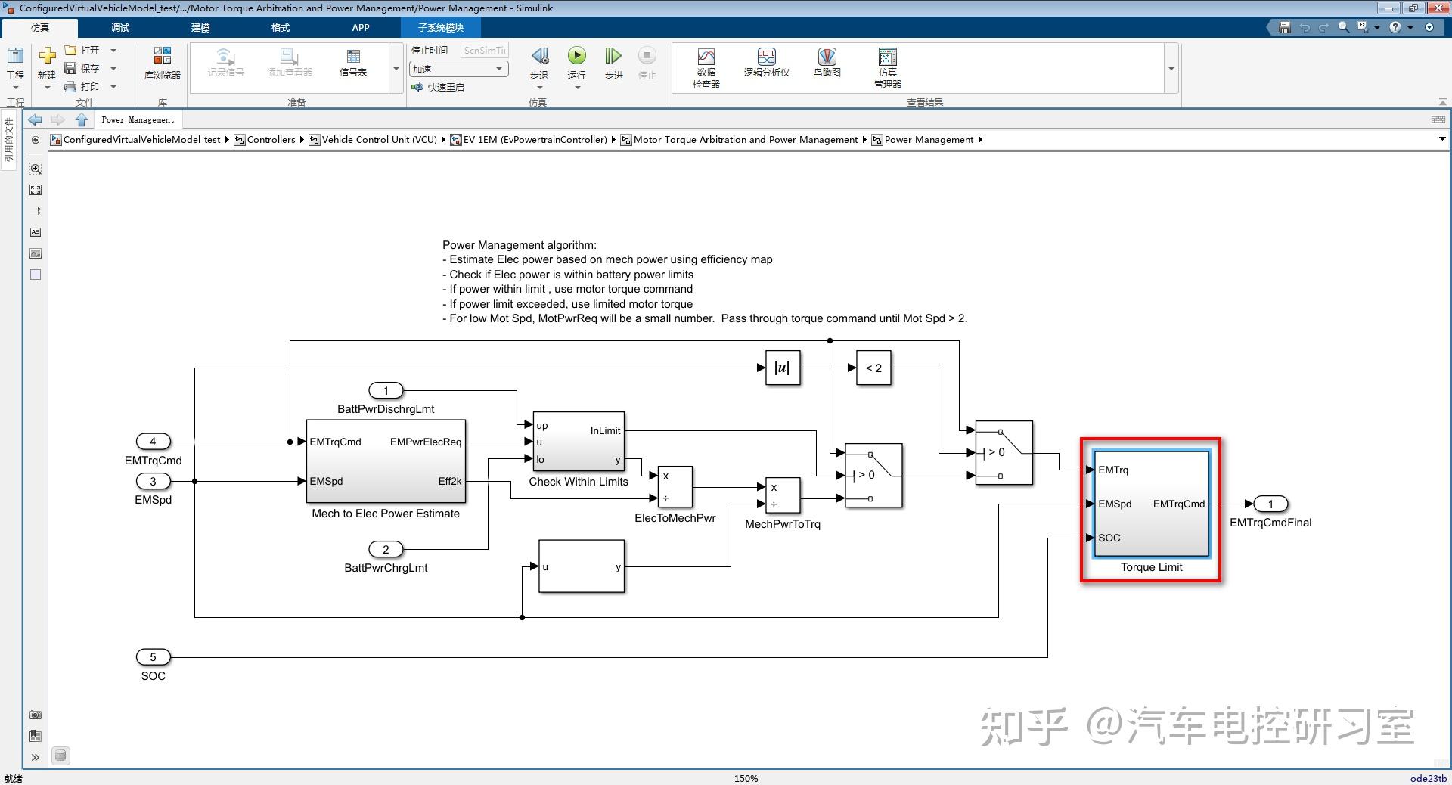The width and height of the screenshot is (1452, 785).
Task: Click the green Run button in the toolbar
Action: [576, 56]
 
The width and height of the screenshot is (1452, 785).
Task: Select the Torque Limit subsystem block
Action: [1151, 504]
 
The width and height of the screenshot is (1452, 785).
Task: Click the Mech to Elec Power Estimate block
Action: [386, 461]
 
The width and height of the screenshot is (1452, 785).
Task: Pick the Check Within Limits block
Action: [579, 442]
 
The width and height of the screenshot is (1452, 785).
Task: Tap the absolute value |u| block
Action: [782, 368]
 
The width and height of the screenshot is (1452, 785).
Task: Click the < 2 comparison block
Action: [873, 368]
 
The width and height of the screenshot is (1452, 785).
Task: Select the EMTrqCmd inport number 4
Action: [153, 442]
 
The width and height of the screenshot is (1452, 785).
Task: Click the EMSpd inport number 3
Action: [153, 481]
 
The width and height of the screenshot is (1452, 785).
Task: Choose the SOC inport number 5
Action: [153, 657]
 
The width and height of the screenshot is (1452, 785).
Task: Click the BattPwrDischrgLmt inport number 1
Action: [386, 391]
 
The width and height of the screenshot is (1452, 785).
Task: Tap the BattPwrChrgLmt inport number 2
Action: [386, 549]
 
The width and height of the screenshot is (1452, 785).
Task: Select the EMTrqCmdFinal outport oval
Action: [1270, 504]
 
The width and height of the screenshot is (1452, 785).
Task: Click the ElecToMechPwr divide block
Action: [675, 487]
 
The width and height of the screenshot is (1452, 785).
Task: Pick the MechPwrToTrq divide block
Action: [783, 495]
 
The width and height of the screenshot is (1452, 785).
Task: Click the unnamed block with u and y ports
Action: [582, 566]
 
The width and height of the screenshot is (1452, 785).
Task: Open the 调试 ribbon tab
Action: [120, 28]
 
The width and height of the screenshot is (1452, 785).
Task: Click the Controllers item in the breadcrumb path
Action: [271, 140]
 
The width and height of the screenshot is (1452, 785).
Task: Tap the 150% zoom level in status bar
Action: [746, 778]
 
